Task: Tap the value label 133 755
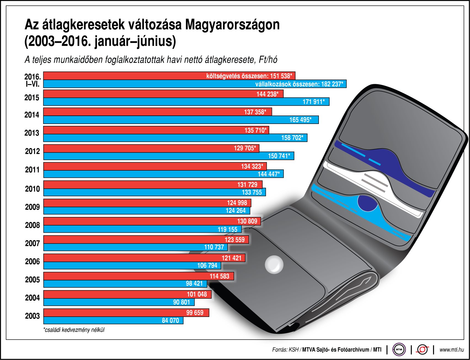coord(252,192)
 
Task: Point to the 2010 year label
coord(32,189)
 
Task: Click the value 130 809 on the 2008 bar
coord(247,221)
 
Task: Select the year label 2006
coord(32,261)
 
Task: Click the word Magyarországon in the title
coord(232,25)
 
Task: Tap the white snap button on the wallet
coord(274,265)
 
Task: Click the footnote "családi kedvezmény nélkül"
coord(74,330)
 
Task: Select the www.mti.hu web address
coord(452,350)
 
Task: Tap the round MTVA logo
coord(399,350)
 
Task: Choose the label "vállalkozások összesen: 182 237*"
coord(299,84)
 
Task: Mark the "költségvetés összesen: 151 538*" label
coord(249,76)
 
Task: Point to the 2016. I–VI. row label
coord(33,80)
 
